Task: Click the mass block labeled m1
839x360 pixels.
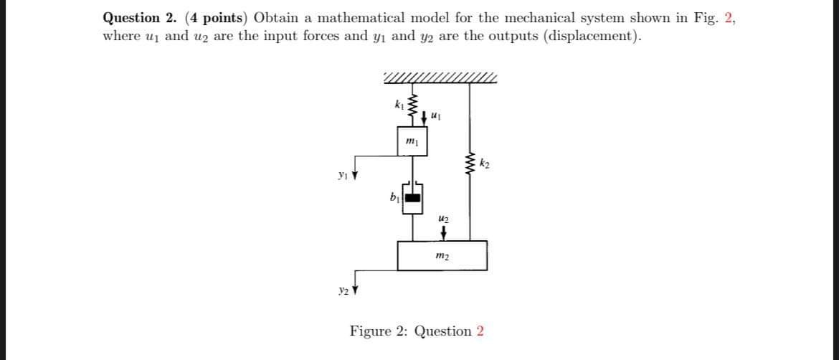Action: (x=410, y=141)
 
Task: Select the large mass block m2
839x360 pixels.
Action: (x=442, y=255)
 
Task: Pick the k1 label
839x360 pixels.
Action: (x=399, y=106)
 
